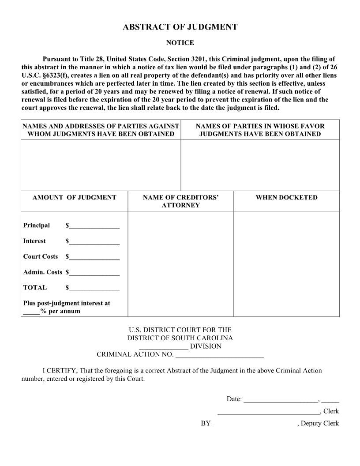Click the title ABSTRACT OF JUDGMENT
pyautogui.click(x=180, y=27)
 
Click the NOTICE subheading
pyautogui.click(x=180, y=43)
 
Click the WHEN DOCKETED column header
pyautogui.click(x=286, y=198)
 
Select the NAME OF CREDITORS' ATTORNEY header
pyautogui.click(x=180, y=201)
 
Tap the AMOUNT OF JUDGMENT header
pyautogui.click(x=74, y=198)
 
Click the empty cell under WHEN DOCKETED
pyautogui.click(x=286, y=263)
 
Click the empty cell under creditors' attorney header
pyautogui.click(x=180, y=263)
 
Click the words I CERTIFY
pyautogui.click(x=60, y=371)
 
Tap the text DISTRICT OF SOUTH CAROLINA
pyautogui.click(x=180, y=338)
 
